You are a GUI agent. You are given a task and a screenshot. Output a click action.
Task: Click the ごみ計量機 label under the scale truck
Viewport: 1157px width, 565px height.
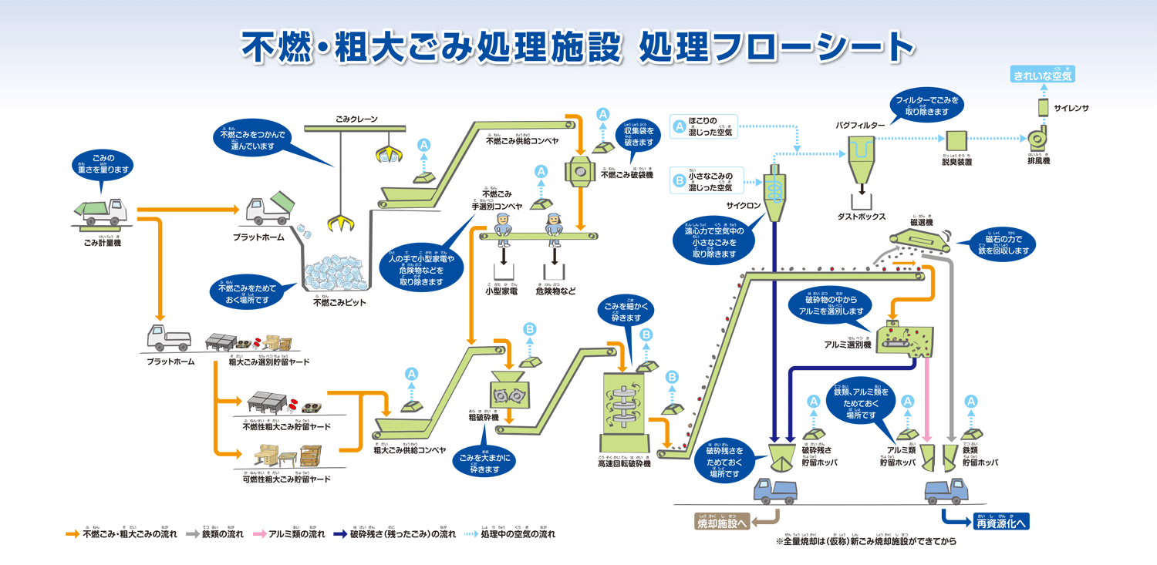[103, 243]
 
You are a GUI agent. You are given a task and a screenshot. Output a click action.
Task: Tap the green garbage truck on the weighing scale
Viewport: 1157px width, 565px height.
[100, 210]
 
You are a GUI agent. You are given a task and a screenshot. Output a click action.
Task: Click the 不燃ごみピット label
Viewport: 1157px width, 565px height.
[339, 303]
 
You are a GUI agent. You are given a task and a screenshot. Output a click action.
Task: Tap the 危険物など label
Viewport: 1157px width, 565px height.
[555, 291]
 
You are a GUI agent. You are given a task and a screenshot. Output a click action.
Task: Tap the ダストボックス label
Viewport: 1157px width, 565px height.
[862, 217]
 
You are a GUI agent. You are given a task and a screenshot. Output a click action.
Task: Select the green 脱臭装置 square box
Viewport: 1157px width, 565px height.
[956, 140]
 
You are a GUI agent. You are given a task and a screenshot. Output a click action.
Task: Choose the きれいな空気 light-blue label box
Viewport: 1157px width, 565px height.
[1042, 76]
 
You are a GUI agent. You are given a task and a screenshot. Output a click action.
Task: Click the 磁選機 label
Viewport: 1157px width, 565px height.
[922, 222]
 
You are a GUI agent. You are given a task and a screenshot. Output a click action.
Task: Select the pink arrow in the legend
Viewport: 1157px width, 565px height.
[258, 533]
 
